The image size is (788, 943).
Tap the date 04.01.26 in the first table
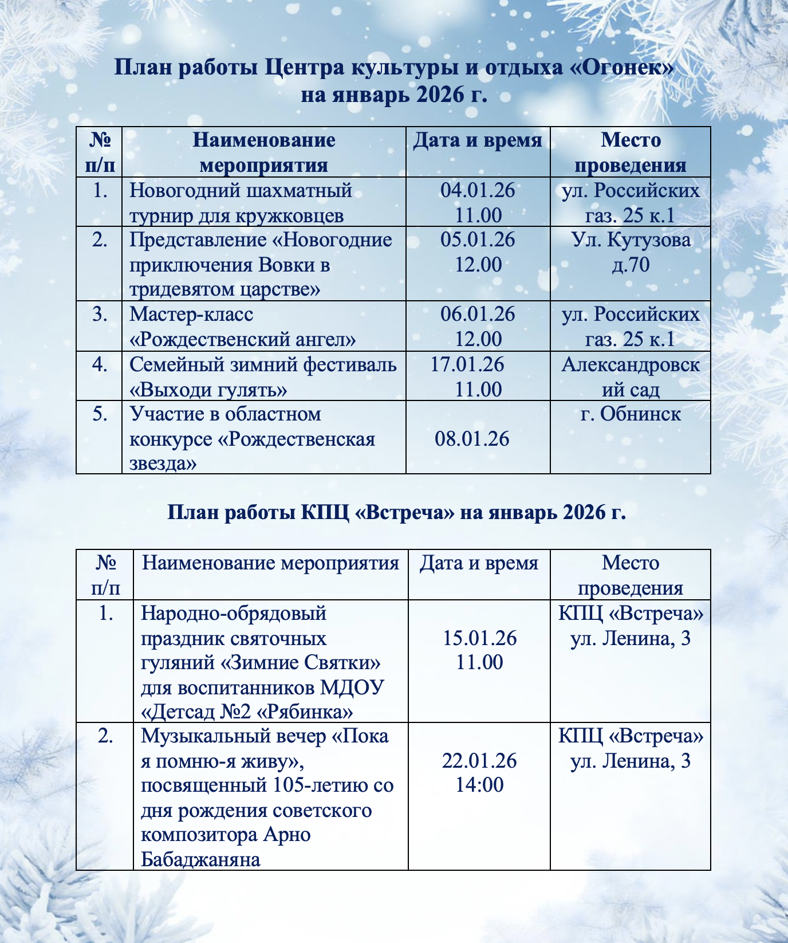(478, 190)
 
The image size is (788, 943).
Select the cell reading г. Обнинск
(631, 414)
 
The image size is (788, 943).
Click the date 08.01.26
(472, 439)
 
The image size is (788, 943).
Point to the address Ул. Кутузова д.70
(631, 252)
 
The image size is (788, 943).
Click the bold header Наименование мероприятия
(263, 152)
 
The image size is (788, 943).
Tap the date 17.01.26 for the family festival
(467, 364)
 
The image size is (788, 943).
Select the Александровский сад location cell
(631, 377)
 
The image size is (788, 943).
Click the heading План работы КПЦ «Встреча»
(396, 512)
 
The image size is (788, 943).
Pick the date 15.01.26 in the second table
(480, 638)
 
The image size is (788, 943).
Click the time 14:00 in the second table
(480, 785)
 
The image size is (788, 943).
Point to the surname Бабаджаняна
(200, 859)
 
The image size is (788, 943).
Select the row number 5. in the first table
(100, 414)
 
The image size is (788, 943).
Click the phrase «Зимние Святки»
(301, 663)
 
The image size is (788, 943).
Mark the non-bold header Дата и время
(479, 563)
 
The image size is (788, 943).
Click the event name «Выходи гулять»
(208, 390)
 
